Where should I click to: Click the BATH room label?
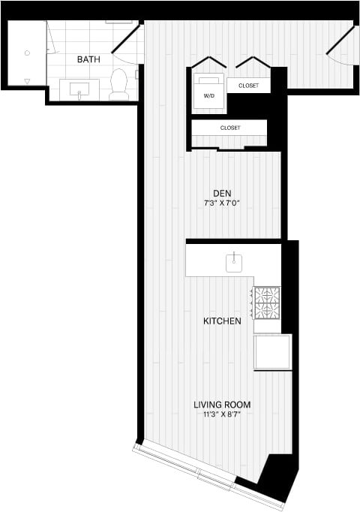tap(88, 59)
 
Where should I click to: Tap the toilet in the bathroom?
tap(119, 84)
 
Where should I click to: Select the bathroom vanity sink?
tap(79, 90)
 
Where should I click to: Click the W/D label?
tap(208, 95)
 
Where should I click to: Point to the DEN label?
tap(221, 192)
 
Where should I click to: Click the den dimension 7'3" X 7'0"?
tap(221, 203)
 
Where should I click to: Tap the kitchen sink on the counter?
tap(234, 261)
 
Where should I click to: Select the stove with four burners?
tap(267, 303)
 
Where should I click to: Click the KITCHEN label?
tap(223, 321)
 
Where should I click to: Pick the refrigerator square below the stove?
tap(271, 351)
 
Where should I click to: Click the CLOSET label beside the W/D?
tap(249, 86)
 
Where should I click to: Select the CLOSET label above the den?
tap(230, 128)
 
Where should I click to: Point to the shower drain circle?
tap(27, 53)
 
